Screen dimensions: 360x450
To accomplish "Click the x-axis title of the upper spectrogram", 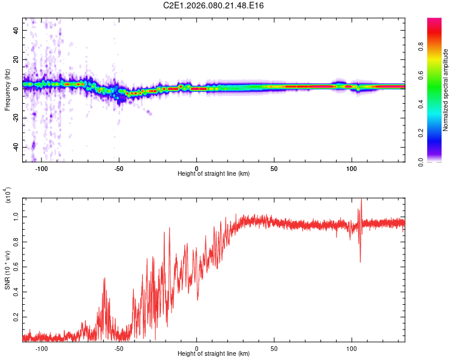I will tap(214, 173).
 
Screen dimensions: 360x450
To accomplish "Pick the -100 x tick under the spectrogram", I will tap(41, 168).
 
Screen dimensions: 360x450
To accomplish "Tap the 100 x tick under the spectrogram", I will tap(352, 168).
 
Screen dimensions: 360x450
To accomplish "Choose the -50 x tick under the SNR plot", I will tap(119, 348).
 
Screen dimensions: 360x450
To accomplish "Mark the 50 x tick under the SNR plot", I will tap(274, 348).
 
